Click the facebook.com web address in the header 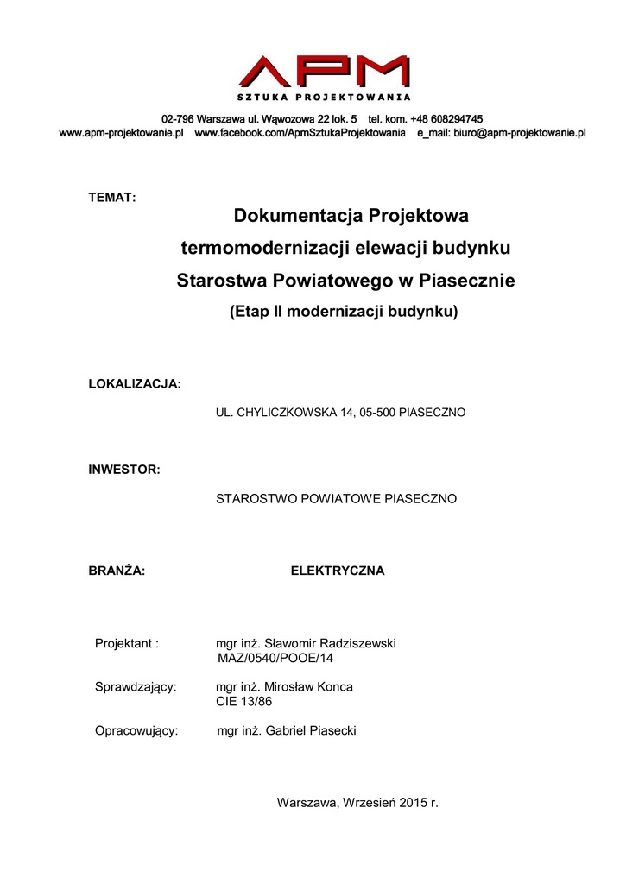(300, 134)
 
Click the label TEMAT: (112, 197)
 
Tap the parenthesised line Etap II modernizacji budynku (343, 312)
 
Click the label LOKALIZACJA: (135, 382)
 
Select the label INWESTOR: (123, 470)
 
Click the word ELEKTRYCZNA (338, 571)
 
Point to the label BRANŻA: (117, 571)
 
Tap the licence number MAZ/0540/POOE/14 (275, 659)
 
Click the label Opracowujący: (136, 730)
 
